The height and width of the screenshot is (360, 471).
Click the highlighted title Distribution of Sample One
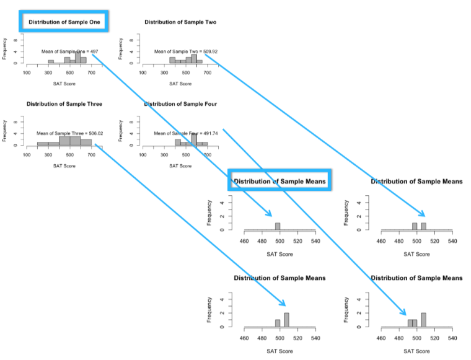(64, 22)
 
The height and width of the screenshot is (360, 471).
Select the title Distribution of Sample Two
(180, 22)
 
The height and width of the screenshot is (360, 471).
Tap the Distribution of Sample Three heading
(64, 103)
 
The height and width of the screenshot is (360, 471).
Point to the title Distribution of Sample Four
(180, 103)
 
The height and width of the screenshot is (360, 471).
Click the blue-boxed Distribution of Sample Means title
(280, 182)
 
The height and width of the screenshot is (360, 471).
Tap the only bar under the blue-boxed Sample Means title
(278, 226)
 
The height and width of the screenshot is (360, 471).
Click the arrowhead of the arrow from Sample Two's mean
(424, 214)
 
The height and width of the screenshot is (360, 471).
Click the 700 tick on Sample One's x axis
(92, 73)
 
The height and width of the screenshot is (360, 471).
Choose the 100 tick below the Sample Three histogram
(27, 155)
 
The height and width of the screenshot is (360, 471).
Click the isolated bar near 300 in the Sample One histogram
(51, 61)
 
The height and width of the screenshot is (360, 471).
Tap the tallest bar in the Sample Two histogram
(194, 58)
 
